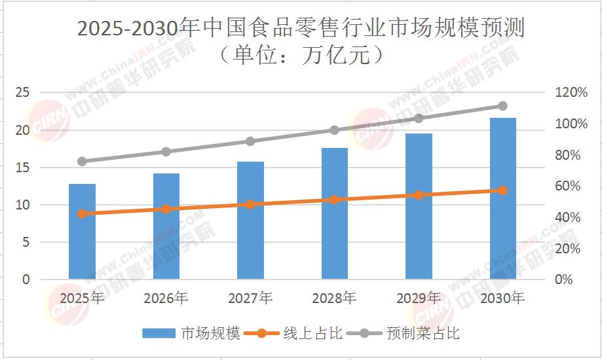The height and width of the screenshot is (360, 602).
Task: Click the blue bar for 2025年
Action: (x=82, y=232)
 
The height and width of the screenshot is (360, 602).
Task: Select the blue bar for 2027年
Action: (x=250, y=221)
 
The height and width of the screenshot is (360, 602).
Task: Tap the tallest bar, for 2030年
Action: (x=502, y=199)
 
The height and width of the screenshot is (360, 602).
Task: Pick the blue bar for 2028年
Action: (x=334, y=214)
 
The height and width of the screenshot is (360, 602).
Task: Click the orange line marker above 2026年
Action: (x=166, y=209)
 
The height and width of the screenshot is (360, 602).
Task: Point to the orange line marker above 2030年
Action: (x=502, y=190)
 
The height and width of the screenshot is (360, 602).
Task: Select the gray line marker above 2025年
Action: (x=82, y=161)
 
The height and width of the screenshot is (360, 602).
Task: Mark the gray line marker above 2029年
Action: (x=419, y=118)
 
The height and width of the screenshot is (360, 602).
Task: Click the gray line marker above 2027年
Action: (x=250, y=141)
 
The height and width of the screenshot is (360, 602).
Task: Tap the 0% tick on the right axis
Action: (x=563, y=279)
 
